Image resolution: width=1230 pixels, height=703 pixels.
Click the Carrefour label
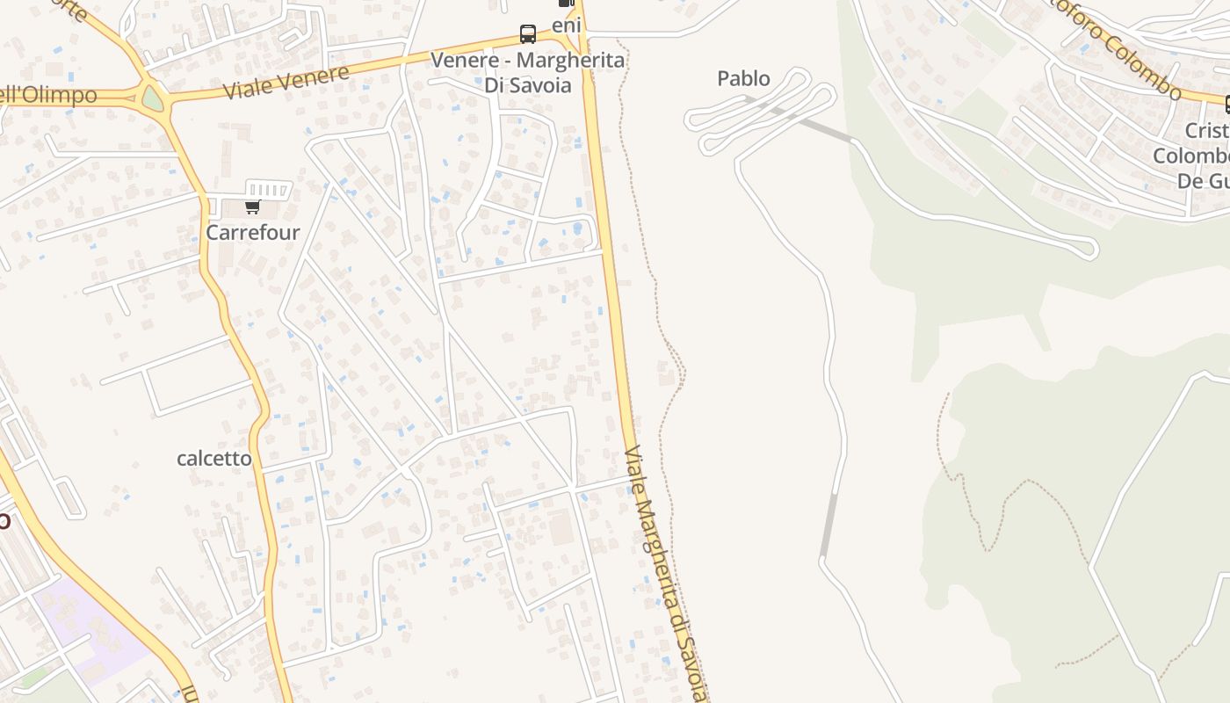click(x=252, y=233)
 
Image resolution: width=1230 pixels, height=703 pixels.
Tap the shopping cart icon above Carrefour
click(x=252, y=207)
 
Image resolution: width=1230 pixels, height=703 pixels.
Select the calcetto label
click(x=213, y=459)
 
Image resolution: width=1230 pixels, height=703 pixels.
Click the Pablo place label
click(x=743, y=79)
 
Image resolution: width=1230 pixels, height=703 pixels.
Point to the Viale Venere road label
click(x=286, y=82)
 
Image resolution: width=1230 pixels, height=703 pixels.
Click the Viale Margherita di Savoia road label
click(x=665, y=571)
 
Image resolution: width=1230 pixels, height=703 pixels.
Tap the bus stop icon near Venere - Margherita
click(x=527, y=34)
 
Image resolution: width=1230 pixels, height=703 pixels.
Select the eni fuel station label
click(x=567, y=25)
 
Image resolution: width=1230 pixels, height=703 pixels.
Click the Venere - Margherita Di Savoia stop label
click(x=527, y=73)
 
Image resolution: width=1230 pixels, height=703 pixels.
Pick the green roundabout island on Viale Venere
click(x=153, y=98)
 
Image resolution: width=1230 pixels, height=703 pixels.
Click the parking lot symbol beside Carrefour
click(x=268, y=189)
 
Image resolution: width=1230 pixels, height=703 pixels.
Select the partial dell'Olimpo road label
click(x=48, y=95)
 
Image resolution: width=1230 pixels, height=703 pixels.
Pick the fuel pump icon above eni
click(x=567, y=3)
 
